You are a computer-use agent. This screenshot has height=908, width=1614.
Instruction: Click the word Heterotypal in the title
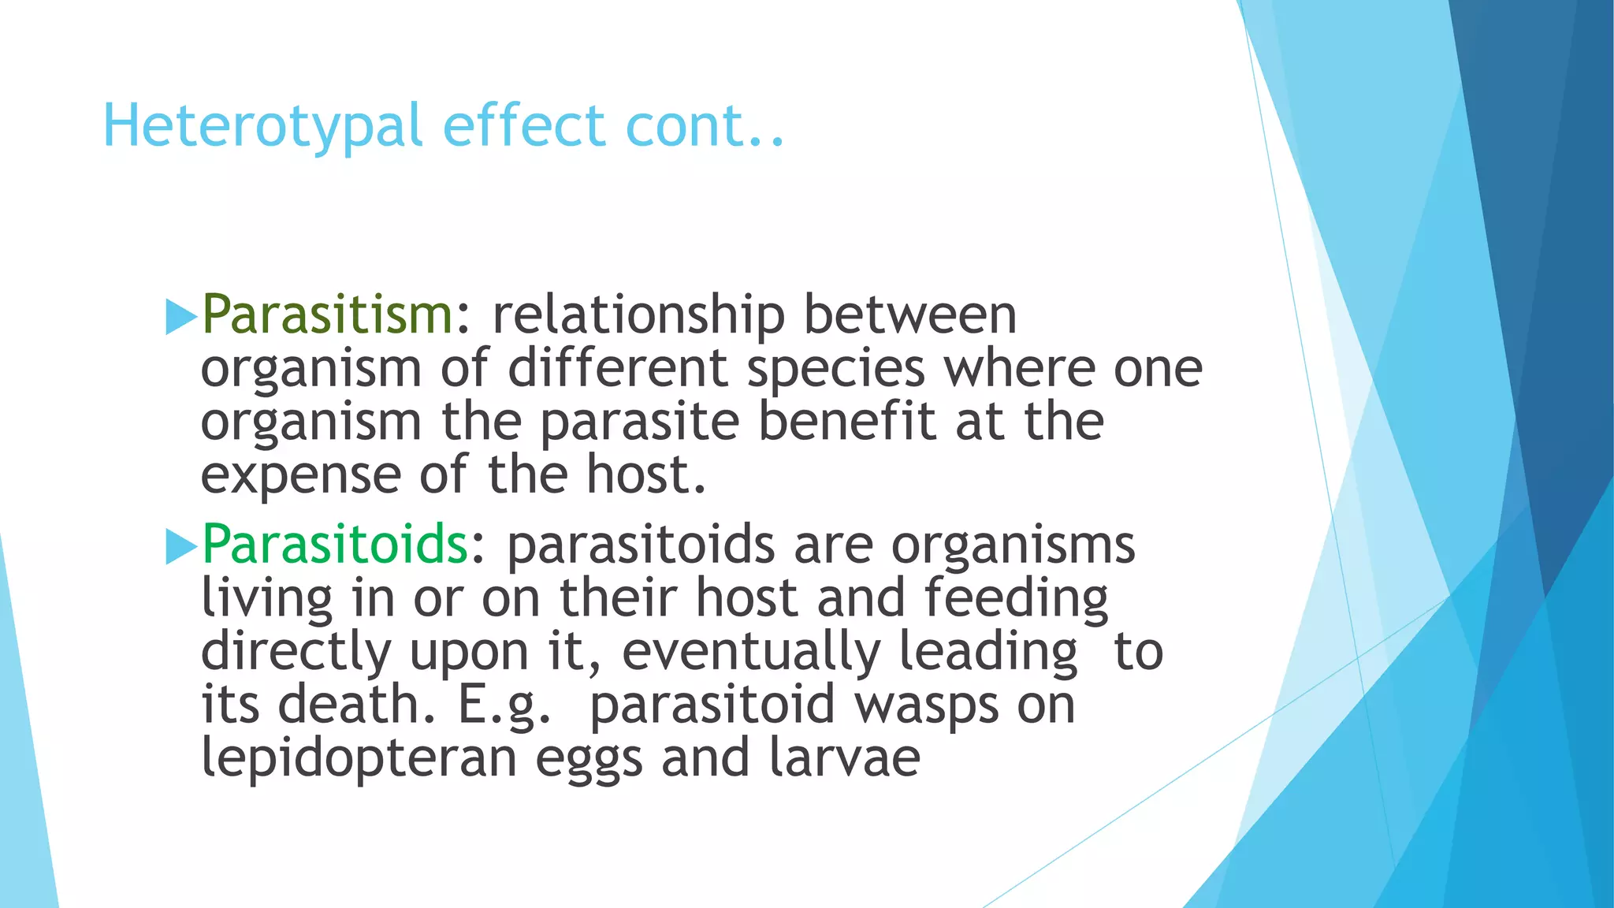[x=262, y=126]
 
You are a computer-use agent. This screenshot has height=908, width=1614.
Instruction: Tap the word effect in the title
[x=524, y=126]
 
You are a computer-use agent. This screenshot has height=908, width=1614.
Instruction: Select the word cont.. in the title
[x=705, y=126]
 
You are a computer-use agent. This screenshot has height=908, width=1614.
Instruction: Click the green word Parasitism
[x=327, y=314]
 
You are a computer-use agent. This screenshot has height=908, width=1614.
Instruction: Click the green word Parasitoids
[x=335, y=545]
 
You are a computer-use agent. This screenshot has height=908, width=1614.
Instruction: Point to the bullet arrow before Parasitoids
[x=180, y=547]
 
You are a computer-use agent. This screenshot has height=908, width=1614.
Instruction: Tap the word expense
[x=300, y=476]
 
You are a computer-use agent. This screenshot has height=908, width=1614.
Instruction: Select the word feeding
[x=1016, y=599]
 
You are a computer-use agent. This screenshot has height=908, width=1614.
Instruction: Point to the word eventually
[x=750, y=653]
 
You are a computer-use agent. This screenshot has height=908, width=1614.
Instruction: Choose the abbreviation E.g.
[x=504, y=705]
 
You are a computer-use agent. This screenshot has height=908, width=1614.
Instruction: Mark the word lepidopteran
[x=359, y=759]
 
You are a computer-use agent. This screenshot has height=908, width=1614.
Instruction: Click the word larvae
[x=844, y=757]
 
